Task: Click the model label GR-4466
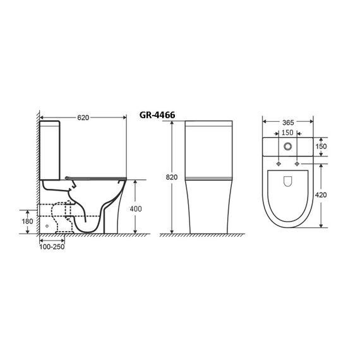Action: tap(157, 115)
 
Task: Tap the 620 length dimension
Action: tap(83, 117)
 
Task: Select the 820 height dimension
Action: tap(172, 177)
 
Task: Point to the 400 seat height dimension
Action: tap(136, 209)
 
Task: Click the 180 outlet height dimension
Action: tap(27, 221)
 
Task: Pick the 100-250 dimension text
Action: tap(52, 247)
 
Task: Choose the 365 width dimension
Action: tap(288, 123)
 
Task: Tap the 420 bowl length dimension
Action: tap(321, 195)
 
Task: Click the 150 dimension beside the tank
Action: tap(321, 147)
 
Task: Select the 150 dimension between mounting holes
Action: tap(287, 133)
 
